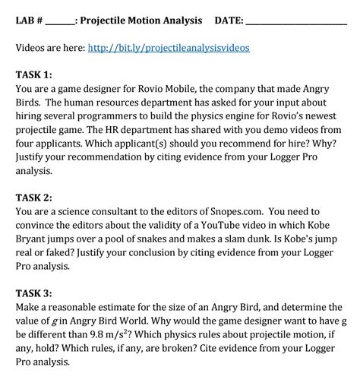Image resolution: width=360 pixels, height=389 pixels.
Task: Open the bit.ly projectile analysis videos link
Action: coord(169,47)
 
